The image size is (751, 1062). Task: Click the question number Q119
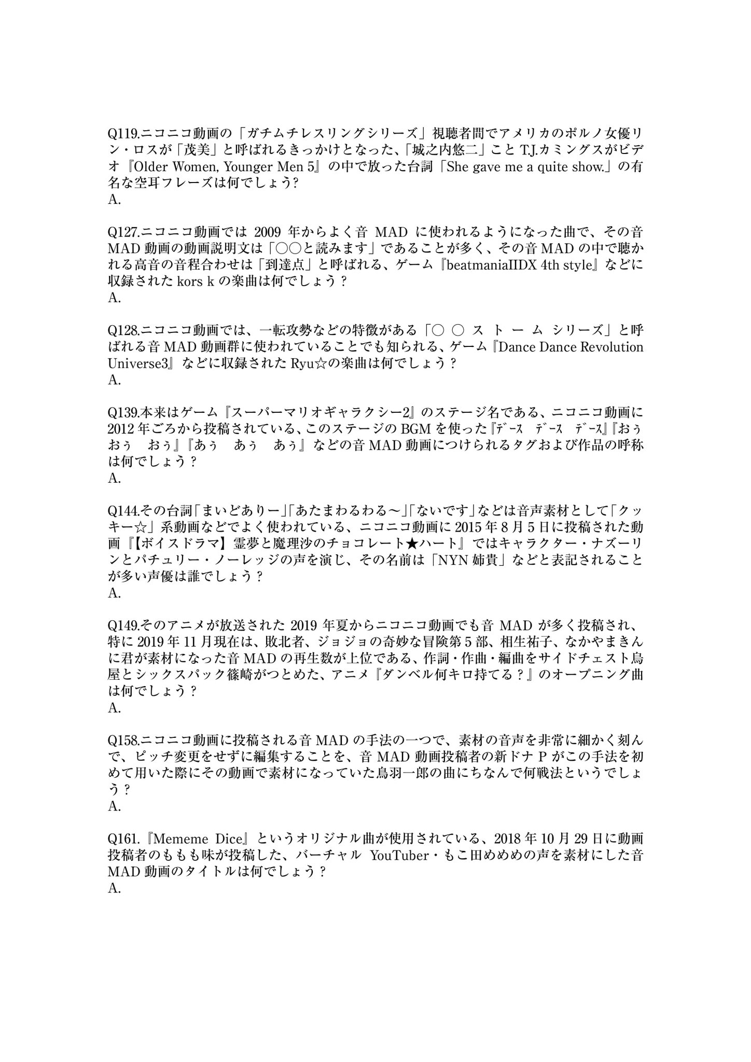[123, 134]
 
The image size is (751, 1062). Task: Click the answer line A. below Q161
[114, 888]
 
